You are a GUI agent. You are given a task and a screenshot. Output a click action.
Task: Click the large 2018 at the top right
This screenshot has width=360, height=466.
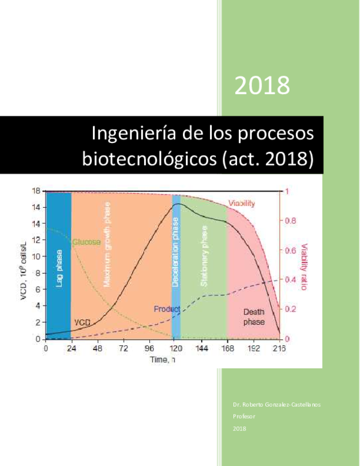click(x=262, y=86)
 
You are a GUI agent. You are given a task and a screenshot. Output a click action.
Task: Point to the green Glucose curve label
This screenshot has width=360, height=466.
click(x=86, y=242)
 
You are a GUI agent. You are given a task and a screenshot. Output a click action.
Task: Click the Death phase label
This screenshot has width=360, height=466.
click(x=253, y=316)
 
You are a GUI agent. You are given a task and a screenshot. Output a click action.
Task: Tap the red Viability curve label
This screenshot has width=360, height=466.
click(x=242, y=204)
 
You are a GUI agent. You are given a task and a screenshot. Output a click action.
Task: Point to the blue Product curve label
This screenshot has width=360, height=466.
click(x=167, y=309)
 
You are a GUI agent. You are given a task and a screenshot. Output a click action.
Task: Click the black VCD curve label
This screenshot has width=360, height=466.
click(x=82, y=322)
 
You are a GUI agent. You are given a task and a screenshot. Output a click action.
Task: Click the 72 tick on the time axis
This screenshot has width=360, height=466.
click(x=124, y=348)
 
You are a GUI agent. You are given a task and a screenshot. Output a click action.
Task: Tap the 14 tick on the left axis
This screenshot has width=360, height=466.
click(x=35, y=207)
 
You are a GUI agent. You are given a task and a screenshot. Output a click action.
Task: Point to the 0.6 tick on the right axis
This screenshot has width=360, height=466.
click(x=289, y=250)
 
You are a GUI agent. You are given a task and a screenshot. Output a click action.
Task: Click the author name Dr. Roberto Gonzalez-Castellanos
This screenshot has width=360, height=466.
click(x=277, y=404)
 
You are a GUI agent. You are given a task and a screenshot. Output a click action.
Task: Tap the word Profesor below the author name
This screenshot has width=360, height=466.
click(x=244, y=416)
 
